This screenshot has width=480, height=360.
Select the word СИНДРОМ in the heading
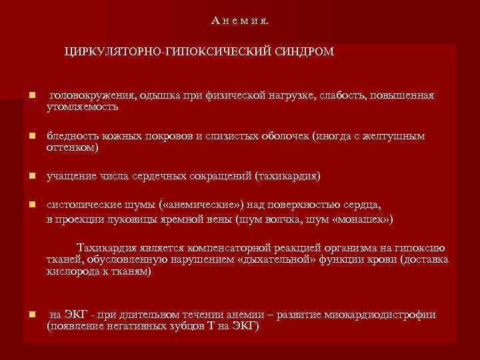[x=303, y=51]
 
